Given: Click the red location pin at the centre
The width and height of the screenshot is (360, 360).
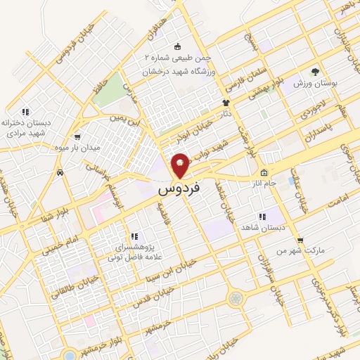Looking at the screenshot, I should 180,165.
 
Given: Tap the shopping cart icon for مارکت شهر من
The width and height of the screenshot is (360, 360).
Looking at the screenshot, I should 300,239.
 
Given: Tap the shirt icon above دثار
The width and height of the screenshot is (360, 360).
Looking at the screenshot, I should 226,103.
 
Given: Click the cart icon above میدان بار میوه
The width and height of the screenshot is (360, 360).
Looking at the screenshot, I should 77,136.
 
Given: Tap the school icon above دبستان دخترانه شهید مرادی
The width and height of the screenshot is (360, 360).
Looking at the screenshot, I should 26,111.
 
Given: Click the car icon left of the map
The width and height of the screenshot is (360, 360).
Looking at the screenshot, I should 61,172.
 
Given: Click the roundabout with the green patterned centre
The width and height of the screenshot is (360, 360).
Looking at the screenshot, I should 234,298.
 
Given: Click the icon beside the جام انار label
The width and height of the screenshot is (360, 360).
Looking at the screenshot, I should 263,172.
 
